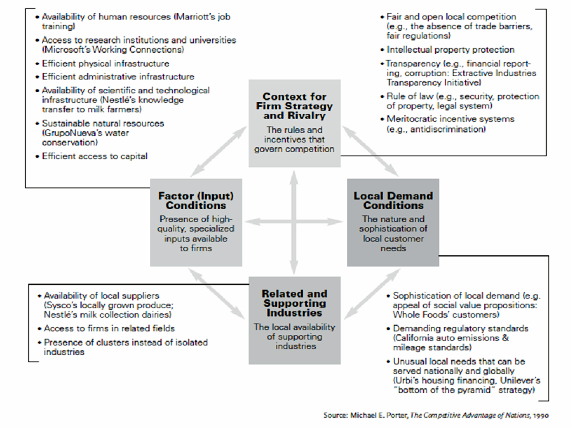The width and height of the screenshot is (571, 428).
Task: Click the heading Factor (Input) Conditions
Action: [x=196, y=201]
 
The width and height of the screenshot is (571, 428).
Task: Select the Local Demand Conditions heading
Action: [x=393, y=201]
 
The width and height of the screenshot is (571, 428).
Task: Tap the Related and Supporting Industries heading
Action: [x=295, y=303]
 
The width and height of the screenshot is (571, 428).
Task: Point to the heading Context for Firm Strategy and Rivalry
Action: [x=295, y=106]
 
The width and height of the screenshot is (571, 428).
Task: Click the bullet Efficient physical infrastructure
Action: [x=105, y=63]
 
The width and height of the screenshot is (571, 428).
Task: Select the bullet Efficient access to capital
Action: [x=95, y=156]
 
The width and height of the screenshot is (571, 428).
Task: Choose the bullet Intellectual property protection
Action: [x=450, y=49]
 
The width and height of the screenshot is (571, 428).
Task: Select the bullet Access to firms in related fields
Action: [x=109, y=328]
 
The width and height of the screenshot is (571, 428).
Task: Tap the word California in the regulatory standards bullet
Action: [x=415, y=338]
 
